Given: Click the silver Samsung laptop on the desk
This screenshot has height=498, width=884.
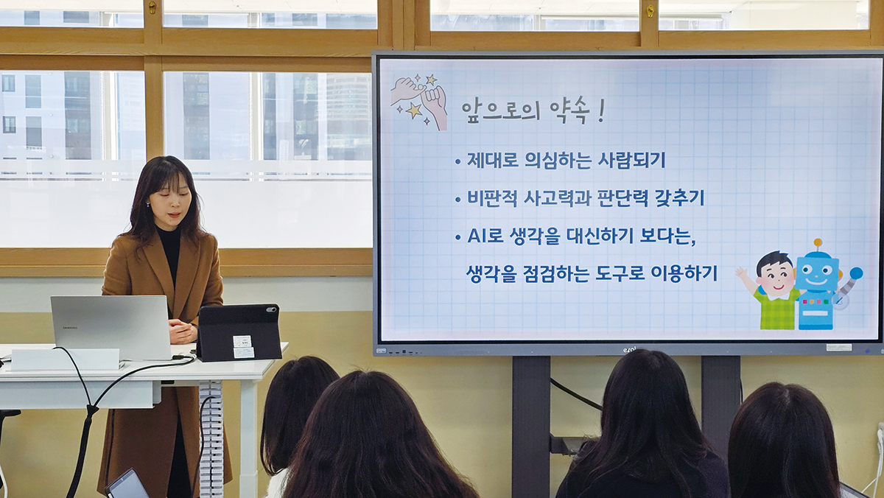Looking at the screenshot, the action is click(x=111, y=328).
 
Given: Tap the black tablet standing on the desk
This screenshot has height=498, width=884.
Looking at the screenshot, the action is click(x=239, y=333).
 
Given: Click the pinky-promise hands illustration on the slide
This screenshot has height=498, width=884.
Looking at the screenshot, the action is click(x=419, y=102).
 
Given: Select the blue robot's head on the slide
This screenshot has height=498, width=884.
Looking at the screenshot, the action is click(x=818, y=273).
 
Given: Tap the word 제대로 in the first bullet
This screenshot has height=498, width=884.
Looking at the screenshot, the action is click(x=493, y=160).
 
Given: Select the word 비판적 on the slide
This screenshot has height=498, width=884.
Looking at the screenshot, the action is click(x=492, y=198).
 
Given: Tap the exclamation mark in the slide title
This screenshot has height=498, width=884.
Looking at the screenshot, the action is click(x=601, y=111).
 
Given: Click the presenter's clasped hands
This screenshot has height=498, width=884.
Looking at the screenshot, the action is click(x=183, y=331).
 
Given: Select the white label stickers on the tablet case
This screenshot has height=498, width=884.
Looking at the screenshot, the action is click(x=243, y=346).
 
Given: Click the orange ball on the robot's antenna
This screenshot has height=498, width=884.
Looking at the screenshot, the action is click(x=818, y=242).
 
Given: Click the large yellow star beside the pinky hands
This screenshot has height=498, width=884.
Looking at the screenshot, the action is click(x=413, y=111).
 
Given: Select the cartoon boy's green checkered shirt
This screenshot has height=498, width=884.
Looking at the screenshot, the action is click(x=776, y=309).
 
